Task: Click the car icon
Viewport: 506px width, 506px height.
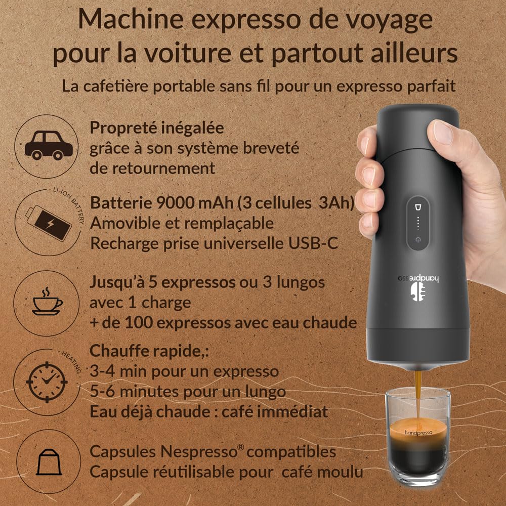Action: [x=49, y=145]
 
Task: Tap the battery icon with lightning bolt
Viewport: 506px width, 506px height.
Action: [x=49, y=223]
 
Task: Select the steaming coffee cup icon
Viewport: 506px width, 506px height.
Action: [x=47, y=302]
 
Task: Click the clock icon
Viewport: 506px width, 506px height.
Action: [x=47, y=382]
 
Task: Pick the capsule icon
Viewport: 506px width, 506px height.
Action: [x=49, y=462]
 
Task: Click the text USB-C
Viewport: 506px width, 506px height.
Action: [x=313, y=243]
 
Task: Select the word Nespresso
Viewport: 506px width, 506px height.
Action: [x=199, y=451]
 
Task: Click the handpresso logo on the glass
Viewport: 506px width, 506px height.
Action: [x=418, y=433]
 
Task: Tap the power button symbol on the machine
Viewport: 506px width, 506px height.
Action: [x=418, y=240]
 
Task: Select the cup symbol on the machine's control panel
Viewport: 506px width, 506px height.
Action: [x=417, y=207]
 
